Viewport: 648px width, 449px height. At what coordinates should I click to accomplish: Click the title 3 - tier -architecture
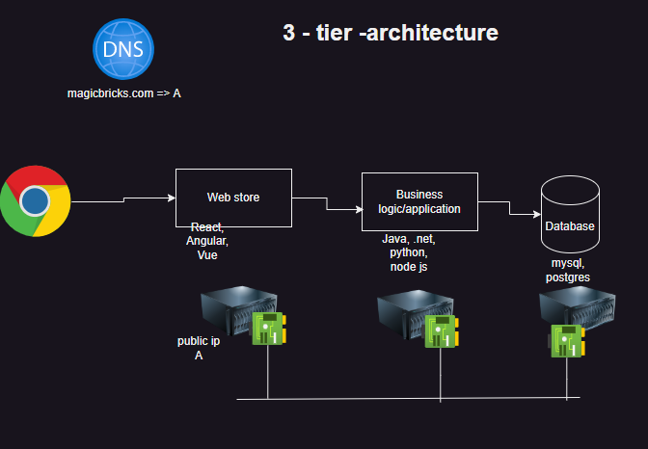click(390, 33)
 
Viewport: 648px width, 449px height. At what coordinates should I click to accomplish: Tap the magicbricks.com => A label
click(123, 92)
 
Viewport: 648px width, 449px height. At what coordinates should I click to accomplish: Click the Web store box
click(233, 198)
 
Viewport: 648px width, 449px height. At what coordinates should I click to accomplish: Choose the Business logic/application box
click(419, 201)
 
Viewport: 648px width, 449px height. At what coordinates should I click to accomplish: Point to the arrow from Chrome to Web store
click(123, 199)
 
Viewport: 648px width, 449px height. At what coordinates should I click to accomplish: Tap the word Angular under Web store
click(207, 242)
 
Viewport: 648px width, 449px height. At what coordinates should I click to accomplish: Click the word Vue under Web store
click(207, 256)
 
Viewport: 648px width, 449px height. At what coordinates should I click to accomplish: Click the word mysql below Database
click(569, 262)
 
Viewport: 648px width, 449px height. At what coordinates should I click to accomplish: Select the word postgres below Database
click(569, 277)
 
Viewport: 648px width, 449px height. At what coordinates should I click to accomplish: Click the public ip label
click(199, 341)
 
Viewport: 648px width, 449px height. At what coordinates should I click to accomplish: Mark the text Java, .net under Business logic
click(407, 238)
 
